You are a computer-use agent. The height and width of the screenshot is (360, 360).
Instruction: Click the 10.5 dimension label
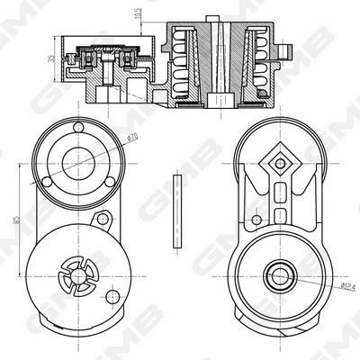pyautogui.click(x=138, y=14)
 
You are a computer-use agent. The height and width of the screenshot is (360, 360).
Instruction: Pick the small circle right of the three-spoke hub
pyautogui.click(x=112, y=296)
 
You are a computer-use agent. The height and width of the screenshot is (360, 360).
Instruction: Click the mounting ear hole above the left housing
pyautogui.click(x=104, y=220)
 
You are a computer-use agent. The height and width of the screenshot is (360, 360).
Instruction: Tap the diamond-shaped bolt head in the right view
pyautogui.click(x=280, y=163)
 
